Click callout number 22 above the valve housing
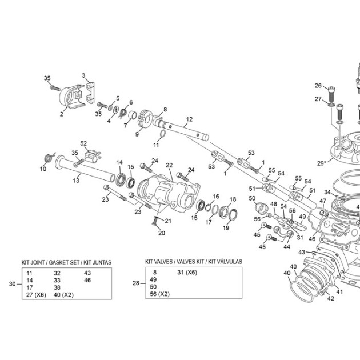pyautogui.click(x=169, y=165)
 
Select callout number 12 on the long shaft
pyautogui.click(x=189, y=119)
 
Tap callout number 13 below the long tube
pyautogui.click(x=76, y=181)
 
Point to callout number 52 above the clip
pyautogui.click(x=83, y=143)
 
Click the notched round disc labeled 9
pyautogui.click(x=145, y=118)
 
